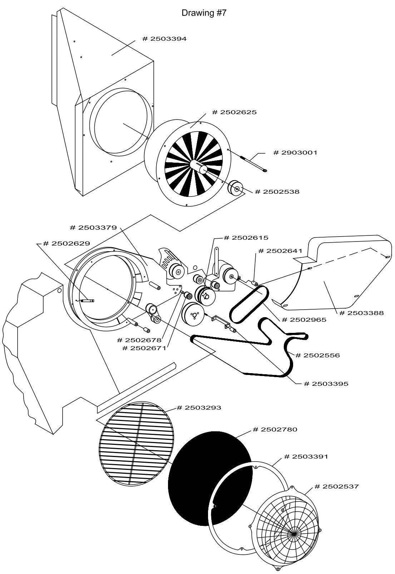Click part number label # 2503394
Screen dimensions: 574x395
pyautogui.click(x=164, y=39)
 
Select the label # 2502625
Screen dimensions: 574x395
pyautogui.click(x=234, y=112)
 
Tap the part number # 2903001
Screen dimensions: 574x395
pyautogui.click(x=295, y=153)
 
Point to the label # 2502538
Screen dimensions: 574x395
pyautogui.click(x=277, y=192)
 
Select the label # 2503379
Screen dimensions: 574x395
pyautogui.click(x=93, y=228)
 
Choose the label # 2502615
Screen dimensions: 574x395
pyautogui.click(x=246, y=238)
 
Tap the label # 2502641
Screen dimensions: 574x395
pyautogui.click(x=280, y=251)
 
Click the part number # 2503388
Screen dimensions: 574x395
pyautogui.click(x=361, y=313)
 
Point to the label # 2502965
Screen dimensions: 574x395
pyautogui.click(x=304, y=320)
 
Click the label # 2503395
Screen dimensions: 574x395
pyautogui.click(x=326, y=384)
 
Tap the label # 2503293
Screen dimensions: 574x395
pyautogui.click(x=199, y=407)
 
